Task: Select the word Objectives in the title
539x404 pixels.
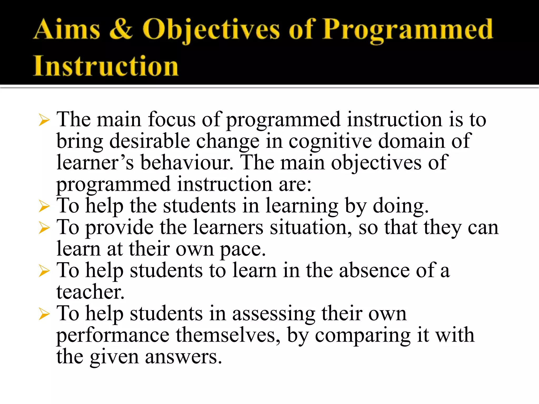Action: click(x=211, y=31)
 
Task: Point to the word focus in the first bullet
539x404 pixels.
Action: click(x=172, y=120)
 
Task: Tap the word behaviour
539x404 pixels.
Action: click(x=187, y=163)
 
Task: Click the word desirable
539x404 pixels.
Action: click(x=149, y=141)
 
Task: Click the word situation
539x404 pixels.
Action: click(x=311, y=227)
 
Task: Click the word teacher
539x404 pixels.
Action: click(x=90, y=292)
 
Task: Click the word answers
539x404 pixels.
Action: click(x=183, y=357)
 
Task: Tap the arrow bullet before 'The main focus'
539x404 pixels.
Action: click(x=44, y=120)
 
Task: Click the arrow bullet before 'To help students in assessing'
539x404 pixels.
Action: click(x=44, y=314)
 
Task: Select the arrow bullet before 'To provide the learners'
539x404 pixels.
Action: click(x=44, y=228)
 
